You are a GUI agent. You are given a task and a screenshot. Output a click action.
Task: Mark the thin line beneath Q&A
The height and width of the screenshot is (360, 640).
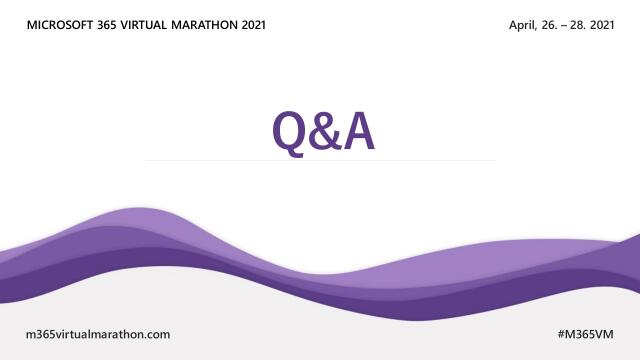click(320, 160)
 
